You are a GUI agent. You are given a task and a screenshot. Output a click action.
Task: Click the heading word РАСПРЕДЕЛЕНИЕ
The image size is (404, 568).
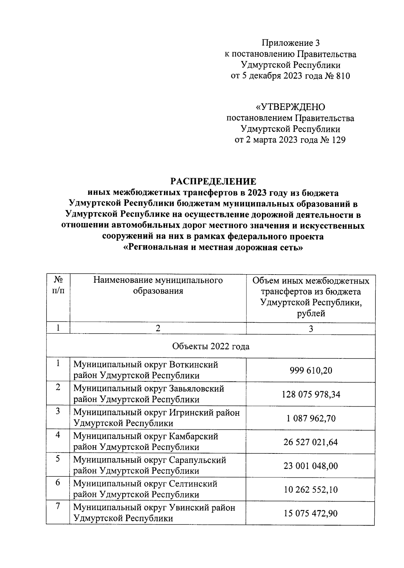[213, 182]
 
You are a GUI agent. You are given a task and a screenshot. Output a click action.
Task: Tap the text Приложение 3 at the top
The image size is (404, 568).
[290, 43]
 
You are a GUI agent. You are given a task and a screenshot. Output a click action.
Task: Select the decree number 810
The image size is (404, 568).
[343, 76]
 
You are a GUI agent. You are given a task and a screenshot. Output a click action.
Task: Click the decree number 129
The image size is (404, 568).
[339, 140]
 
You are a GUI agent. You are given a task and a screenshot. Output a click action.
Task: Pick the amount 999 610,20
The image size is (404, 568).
[311, 371]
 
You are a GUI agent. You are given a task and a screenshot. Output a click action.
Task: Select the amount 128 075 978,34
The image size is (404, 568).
[311, 394]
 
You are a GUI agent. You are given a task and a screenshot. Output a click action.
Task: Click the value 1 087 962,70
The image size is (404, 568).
[311, 418]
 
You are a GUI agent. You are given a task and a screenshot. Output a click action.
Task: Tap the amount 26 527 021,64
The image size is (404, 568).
[311, 442]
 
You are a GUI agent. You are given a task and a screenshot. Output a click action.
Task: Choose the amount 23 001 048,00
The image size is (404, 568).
[311, 466]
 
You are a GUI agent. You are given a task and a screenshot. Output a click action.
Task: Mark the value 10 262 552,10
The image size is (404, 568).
[311, 490]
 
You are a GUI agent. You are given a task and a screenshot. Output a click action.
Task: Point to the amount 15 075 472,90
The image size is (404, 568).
[311, 513]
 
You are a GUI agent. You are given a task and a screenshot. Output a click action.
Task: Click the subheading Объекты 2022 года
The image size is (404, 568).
[211, 346]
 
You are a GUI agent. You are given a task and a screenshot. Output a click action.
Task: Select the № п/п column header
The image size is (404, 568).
[58, 285]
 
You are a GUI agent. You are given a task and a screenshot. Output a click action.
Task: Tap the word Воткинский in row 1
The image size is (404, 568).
[194, 365]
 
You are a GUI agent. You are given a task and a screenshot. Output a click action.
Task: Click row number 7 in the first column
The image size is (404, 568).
[58, 506]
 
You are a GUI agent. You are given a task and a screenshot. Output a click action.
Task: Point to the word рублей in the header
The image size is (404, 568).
[311, 314]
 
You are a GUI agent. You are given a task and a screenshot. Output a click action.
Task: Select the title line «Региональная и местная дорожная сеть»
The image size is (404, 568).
[213, 248]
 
